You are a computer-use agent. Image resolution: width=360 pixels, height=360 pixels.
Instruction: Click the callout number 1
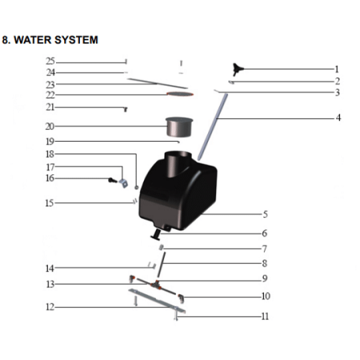click(337, 70)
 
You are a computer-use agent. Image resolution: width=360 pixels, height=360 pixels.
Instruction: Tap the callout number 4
click(338, 118)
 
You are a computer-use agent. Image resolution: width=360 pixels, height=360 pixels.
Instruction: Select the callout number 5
click(265, 214)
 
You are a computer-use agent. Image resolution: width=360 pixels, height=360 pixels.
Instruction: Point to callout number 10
click(266, 296)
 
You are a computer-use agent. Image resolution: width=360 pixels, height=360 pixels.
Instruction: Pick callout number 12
click(50, 307)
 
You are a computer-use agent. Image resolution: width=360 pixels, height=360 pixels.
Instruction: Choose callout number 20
click(50, 126)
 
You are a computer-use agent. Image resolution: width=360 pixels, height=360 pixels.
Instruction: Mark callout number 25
click(50, 62)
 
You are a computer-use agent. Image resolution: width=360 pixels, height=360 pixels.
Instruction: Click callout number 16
click(50, 178)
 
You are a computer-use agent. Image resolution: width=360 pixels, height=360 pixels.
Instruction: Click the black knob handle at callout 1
click(237, 70)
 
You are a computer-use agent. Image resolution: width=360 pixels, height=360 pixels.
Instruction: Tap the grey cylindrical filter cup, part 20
click(179, 126)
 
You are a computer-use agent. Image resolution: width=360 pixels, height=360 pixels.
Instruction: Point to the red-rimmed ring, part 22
click(180, 94)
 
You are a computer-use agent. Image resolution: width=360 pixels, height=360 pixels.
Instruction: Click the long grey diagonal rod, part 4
click(213, 126)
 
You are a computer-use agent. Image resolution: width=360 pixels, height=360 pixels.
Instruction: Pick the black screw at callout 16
click(112, 181)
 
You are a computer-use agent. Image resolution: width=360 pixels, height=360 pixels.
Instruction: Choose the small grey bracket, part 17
click(123, 183)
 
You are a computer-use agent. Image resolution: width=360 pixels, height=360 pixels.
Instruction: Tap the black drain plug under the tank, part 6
click(156, 235)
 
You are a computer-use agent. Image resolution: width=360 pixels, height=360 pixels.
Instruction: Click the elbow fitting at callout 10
click(182, 298)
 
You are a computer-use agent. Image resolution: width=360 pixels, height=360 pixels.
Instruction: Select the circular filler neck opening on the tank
click(178, 154)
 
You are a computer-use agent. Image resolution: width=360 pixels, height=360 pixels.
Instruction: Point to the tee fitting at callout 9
click(155, 284)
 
